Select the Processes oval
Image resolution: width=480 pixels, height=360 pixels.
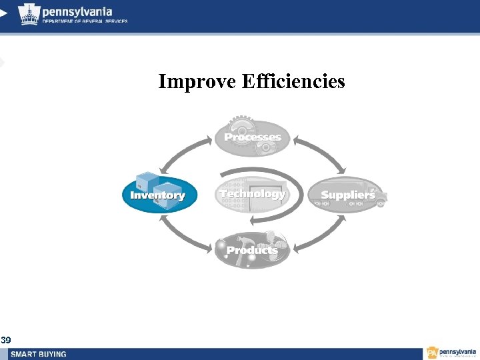[x=252, y=137]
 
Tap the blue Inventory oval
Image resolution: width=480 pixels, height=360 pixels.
[x=159, y=195]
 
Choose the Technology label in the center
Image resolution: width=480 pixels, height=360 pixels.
[x=252, y=194]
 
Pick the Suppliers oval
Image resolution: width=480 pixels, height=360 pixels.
[x=347, y=195]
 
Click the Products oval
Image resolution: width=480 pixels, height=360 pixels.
[x=252, y=250]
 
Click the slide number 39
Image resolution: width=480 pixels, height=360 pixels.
[x=5, y=341]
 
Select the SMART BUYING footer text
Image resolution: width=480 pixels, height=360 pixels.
[x=38, y=354]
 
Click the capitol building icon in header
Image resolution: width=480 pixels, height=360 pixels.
[x=28, y=13]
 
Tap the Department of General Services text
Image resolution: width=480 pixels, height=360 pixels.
[x=85, y=21]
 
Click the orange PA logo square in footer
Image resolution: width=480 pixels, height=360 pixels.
[x=432, y=353]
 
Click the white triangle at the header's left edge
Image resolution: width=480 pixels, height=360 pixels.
[x=3, y=13]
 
